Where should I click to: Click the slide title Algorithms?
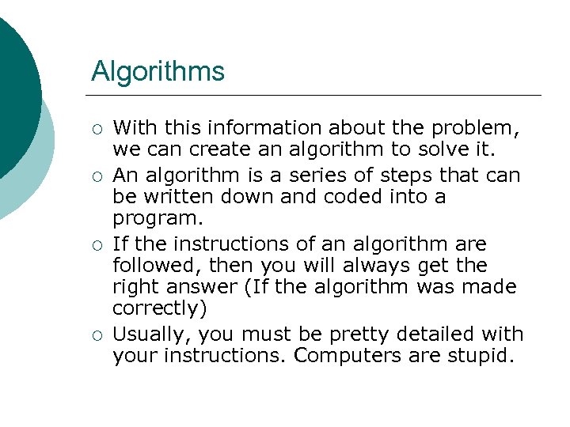pyautogui.click(x=158, y=72)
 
